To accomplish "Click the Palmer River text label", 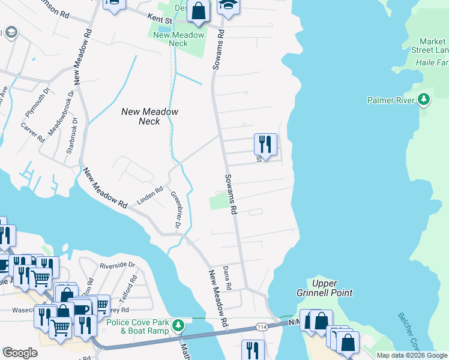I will [x=391, y=100].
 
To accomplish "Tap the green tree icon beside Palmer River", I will [x=424, y=99].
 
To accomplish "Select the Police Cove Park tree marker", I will [x=178, y=326].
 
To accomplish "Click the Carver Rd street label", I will [x=33, y=132].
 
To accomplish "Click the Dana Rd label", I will [x=227, y=278].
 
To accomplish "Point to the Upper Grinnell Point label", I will [x=333, y=288].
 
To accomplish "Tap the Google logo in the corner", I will [x=20, y=353].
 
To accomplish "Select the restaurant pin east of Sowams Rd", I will [x=265, y=145].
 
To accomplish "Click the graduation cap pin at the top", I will [x=228, y=6].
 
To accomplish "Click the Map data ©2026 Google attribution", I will [x=412, y=355].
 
